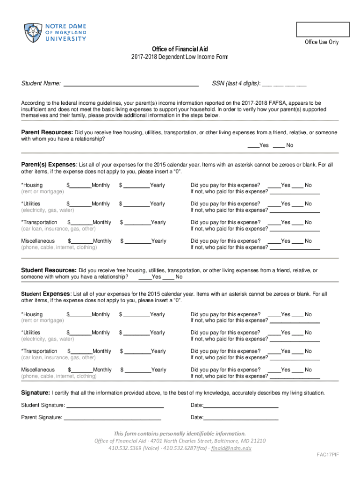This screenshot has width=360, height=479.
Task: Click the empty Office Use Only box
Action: tap(323, 29)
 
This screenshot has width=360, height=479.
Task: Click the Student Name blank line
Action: tap(131, 84)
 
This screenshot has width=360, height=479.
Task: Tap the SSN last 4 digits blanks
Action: tap(284, 84)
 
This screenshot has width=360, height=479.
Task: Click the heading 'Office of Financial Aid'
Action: tap(180, 49)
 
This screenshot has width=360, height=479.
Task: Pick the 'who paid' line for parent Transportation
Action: tap(295, 229)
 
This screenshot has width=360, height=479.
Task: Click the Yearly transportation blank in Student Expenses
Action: tap(137, 352)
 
